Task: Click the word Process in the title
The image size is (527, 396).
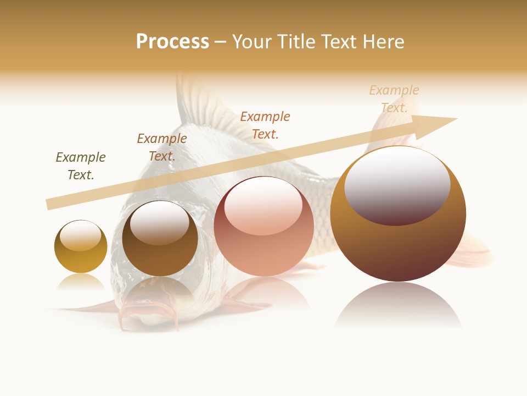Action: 172,42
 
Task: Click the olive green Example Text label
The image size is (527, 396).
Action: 81,166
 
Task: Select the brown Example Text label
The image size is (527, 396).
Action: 162,147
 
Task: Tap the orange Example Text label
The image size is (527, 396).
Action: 265,125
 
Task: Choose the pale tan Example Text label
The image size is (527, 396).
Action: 394,98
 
